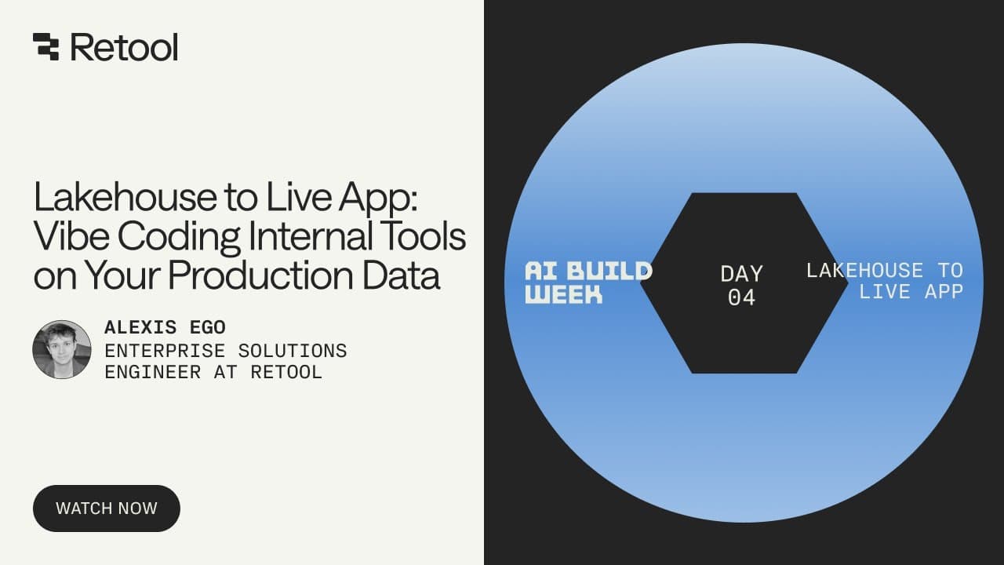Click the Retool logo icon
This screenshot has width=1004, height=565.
coord(45,47)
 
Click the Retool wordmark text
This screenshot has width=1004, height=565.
coord(124,47)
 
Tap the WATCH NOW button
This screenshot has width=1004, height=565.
coord(107,508)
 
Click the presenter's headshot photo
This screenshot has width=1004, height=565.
coord(62,349)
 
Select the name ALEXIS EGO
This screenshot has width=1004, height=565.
coord(165,327)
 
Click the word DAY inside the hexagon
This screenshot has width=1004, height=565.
coord(741,274)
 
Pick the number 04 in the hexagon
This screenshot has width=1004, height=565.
coord(741,297)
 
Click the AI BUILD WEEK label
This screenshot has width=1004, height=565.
coord(588,282)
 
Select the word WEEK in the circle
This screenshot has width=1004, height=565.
coord(564,294)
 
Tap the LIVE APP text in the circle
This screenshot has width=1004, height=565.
coord(911,292)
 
